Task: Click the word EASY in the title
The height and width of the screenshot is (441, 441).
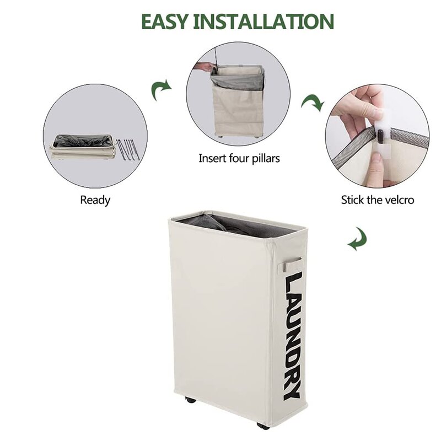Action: (164, 21)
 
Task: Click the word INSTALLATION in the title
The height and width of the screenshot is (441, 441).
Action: (263, 21)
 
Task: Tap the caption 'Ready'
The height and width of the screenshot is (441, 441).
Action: (95, 200)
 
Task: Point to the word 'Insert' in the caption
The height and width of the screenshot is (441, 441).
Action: (213, 158)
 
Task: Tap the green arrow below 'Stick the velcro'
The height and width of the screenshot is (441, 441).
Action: (357, 239)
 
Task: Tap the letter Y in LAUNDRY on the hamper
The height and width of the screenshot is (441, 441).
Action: (292, 391)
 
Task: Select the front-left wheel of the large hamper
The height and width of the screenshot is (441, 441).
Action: (190, 400)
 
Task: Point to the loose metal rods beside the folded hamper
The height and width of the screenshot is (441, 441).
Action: (128, 148)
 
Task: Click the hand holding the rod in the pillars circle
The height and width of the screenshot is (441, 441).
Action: (204, 67)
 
